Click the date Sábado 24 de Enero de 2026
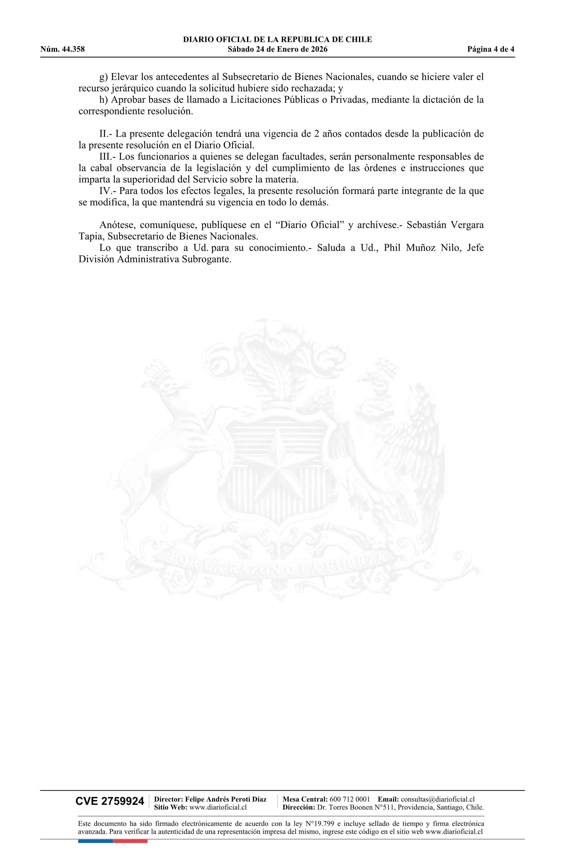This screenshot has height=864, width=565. [277, 49]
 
